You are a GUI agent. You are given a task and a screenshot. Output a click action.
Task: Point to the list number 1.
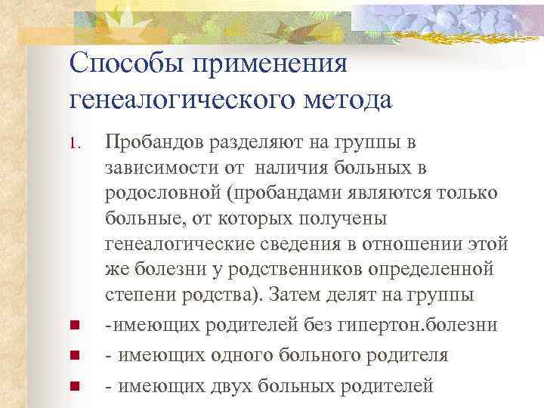pyautogui.click(x=73, y=142)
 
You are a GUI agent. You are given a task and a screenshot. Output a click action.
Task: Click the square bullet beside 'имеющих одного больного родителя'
pyautogui.click(x=73, y=355)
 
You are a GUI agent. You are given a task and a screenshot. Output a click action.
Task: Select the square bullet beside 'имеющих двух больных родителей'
pyautogui.click(x=73, y=387)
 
